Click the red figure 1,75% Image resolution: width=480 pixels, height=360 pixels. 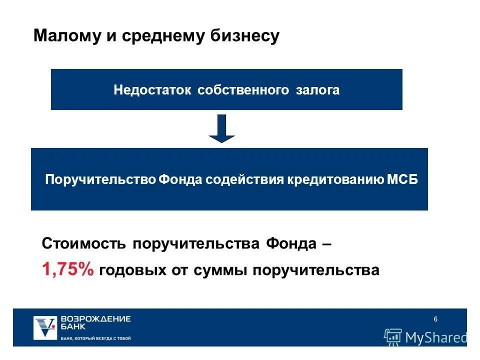68,270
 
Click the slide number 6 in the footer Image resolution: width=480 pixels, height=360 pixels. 435,320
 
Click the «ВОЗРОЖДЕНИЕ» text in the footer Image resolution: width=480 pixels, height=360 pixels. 95,318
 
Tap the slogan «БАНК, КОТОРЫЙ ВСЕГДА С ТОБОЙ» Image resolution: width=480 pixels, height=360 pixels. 95,338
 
